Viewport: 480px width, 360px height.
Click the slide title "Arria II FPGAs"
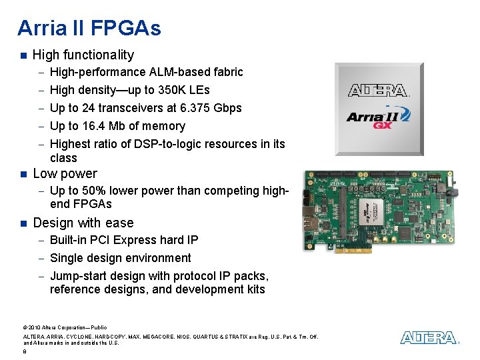(89, 28)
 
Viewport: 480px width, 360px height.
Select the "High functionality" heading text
(83, 55)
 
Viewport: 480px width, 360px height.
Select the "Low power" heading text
(65, 174)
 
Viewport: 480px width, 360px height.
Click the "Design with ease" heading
(83, 223)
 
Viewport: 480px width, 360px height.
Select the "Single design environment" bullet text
(120, 258)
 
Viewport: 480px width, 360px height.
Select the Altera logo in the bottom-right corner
(429, 338)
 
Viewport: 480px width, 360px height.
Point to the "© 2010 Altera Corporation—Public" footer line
(64, 327)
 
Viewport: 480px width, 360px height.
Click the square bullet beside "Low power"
(23, 175)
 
